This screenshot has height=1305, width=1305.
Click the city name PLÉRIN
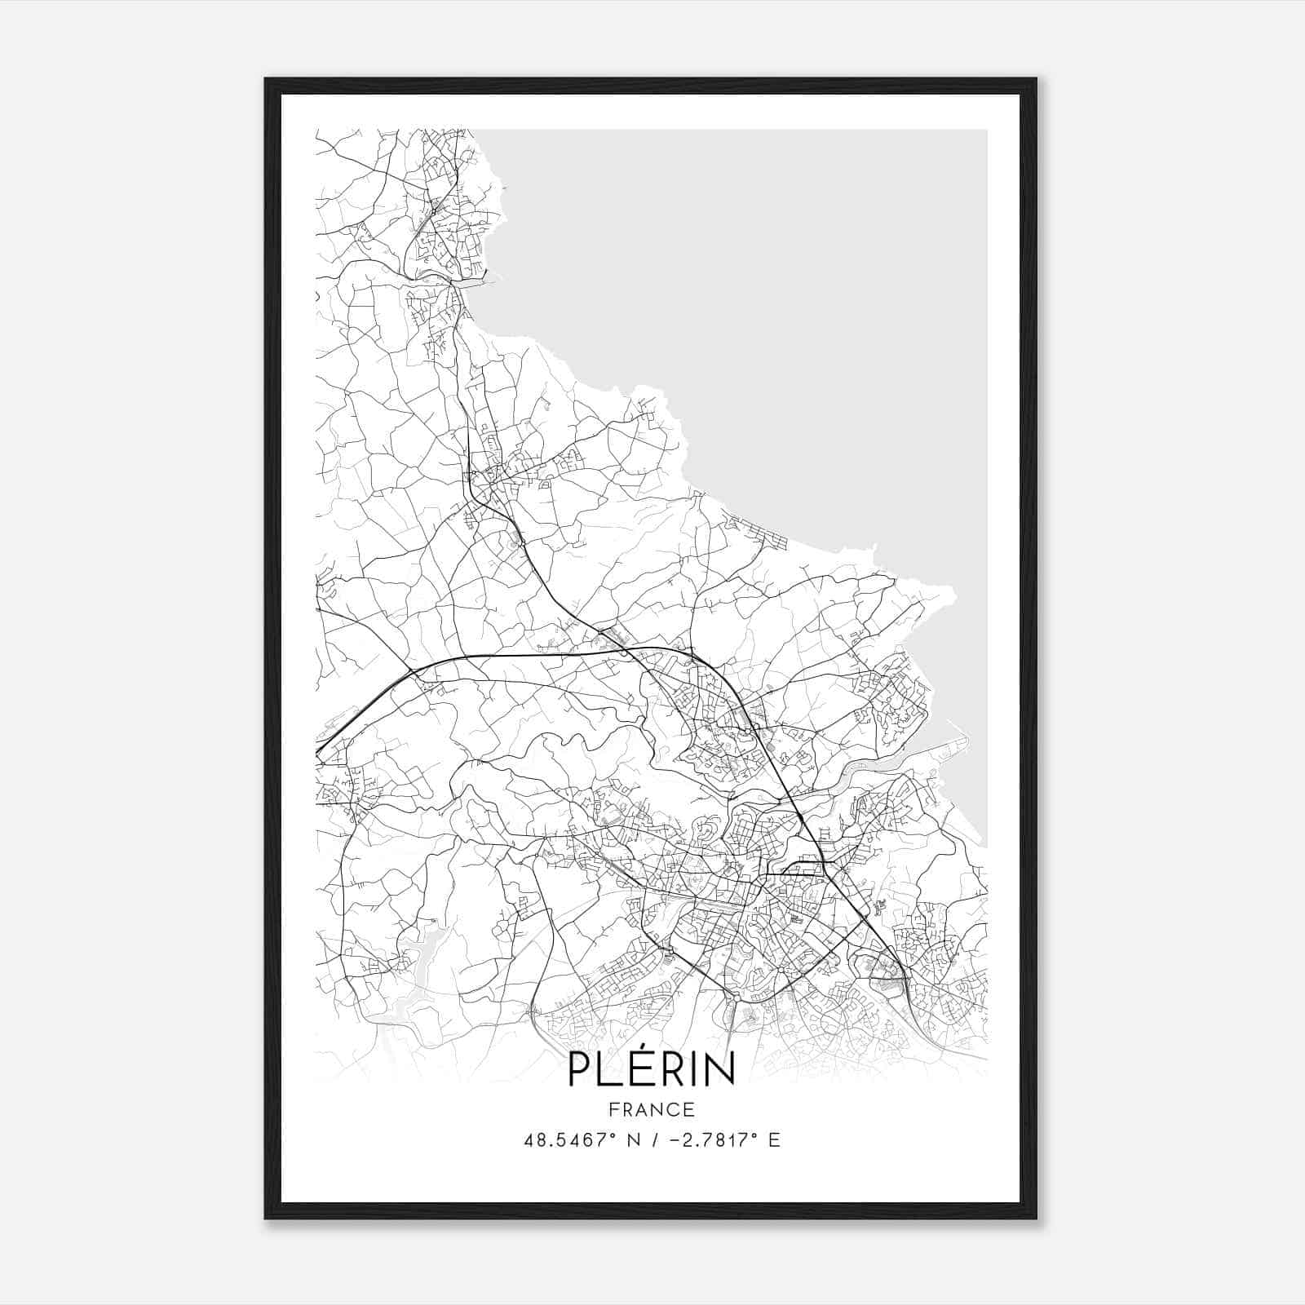coord(651,1068)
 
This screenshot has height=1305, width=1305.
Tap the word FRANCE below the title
coord(652,1109)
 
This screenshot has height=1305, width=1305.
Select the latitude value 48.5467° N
coord(580,1140)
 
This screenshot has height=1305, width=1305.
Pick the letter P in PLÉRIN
coord(580,1070)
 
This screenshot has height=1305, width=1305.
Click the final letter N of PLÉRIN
coord(720,1070)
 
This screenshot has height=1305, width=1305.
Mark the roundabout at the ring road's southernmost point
coord(736,997)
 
